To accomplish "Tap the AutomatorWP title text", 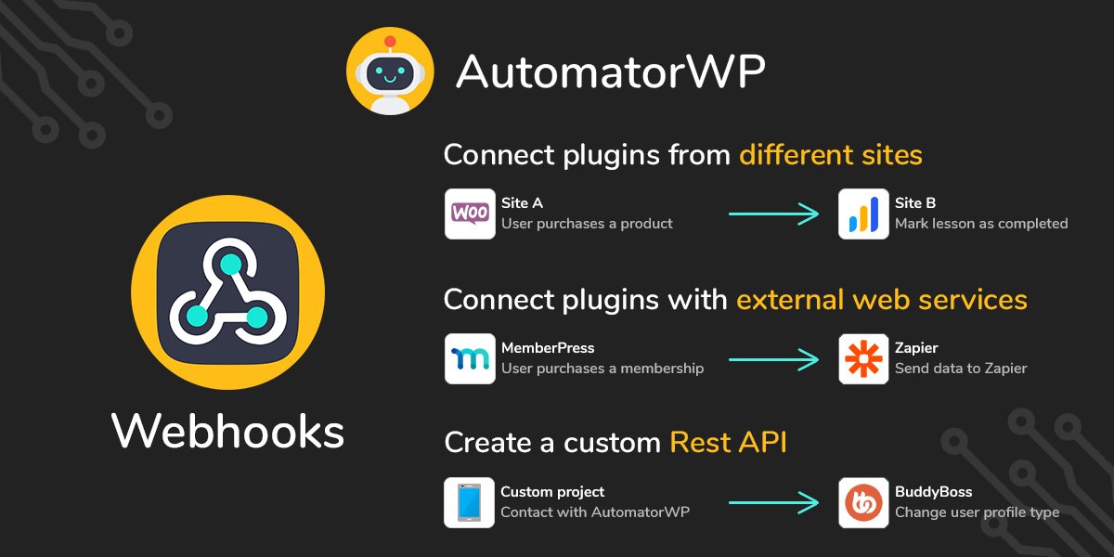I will (610, 71).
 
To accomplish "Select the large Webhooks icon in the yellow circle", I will (228, 292).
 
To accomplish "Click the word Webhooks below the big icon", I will (227, 431).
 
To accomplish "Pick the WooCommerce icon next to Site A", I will (470, 214).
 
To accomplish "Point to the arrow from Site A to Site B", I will (773, 214).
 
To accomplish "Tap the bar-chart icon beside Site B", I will (863, 214).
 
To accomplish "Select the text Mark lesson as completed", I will (981, 224).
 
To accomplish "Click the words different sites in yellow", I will (831, 154).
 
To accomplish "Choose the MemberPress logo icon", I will (470, 358).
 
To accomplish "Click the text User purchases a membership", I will (602, 369).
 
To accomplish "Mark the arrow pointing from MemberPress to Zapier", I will (773, 359).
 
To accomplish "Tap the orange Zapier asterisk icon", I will (863, 358).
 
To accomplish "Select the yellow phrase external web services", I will (882, 300).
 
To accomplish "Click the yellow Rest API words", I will (728, 443).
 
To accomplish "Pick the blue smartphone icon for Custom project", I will (470, 503).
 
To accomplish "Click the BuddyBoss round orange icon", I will (863, 503).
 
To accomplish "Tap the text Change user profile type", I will (977, 512).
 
